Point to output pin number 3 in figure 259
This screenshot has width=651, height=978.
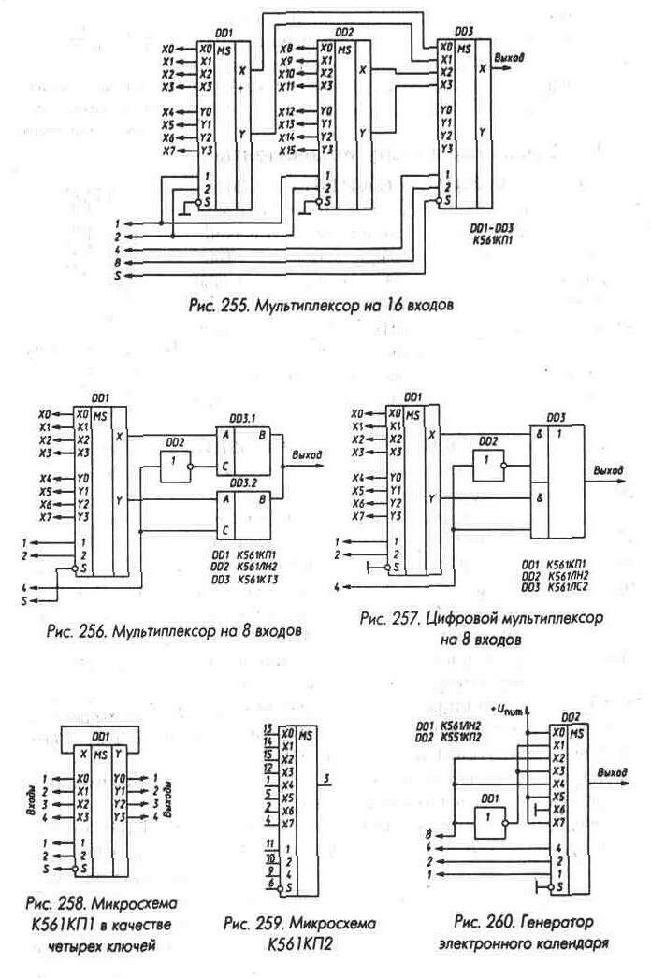point(325,778)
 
